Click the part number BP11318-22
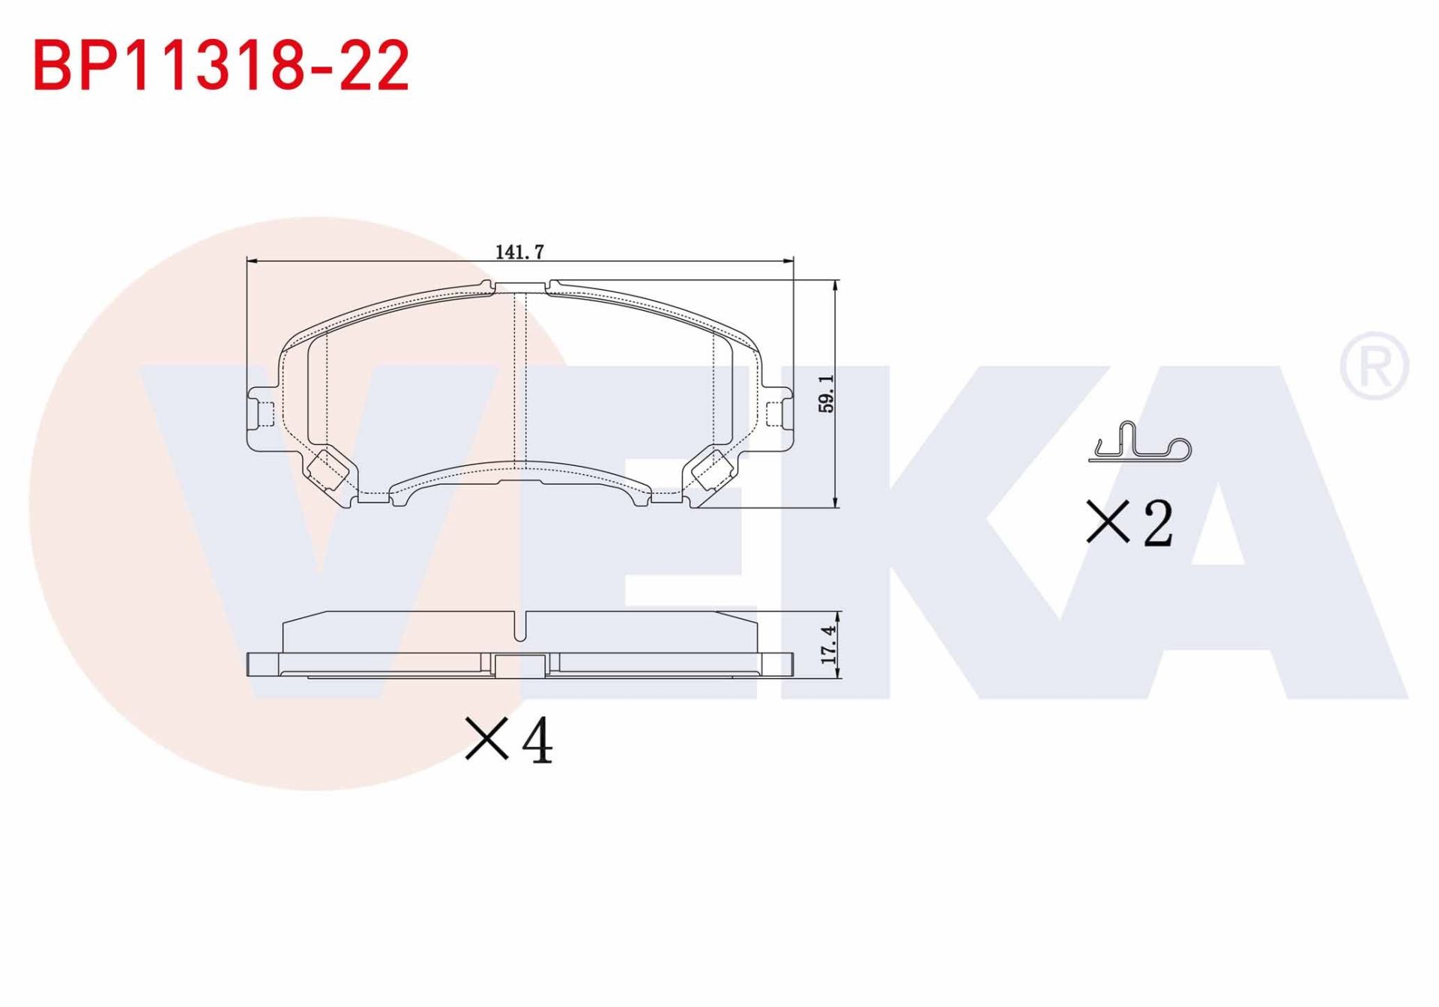point(221,66)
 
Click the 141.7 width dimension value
point(519,252)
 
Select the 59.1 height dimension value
point(826,394)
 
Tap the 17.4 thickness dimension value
point(828,645)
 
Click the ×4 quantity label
point(509,740)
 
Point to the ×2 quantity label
point(1129,522)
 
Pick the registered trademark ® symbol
point(1374,366)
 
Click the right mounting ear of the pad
point(779,414)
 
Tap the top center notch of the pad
point(521,286)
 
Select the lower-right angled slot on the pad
point(712,469)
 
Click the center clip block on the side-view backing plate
point(520,665)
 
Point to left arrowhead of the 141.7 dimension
point(252,261)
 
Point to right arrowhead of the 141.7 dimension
point(788,261)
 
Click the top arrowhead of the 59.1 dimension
point(836,285)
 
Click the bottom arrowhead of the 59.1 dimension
point(836,503)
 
